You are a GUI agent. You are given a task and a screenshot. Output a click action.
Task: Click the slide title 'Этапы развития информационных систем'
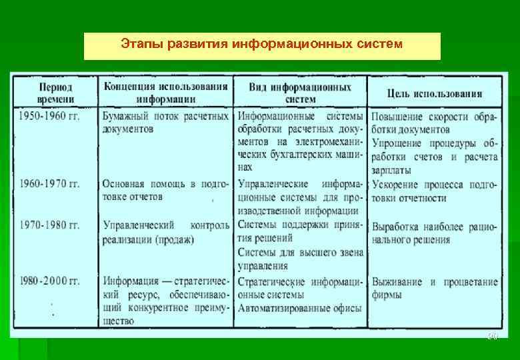262,45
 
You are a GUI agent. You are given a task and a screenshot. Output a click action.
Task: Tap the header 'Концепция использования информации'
165,93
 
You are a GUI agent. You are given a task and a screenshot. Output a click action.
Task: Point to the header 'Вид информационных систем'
301,93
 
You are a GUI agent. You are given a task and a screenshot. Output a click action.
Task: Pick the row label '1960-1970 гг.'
49,183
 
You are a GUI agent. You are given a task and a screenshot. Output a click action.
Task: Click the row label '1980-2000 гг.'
49,281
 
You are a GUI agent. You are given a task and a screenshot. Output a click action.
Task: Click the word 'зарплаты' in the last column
391,170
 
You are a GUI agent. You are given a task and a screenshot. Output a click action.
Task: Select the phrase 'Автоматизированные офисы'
300,308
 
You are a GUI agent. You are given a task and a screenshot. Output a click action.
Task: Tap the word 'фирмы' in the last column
387,295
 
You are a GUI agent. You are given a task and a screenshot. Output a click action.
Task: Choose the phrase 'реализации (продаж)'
148,239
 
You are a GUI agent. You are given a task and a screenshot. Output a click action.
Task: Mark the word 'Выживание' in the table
397,281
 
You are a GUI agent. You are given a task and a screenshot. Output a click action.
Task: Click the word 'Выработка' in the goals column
397,227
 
